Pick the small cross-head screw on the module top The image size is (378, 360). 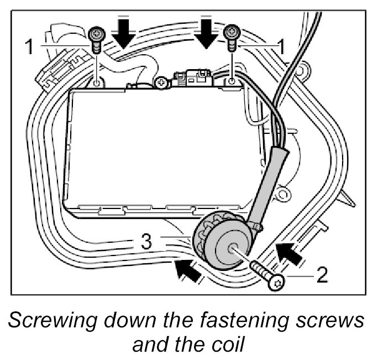pyautogui.click(x=161, y=84)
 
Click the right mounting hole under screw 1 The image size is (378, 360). pyautogui.click(x=232, y=81)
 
